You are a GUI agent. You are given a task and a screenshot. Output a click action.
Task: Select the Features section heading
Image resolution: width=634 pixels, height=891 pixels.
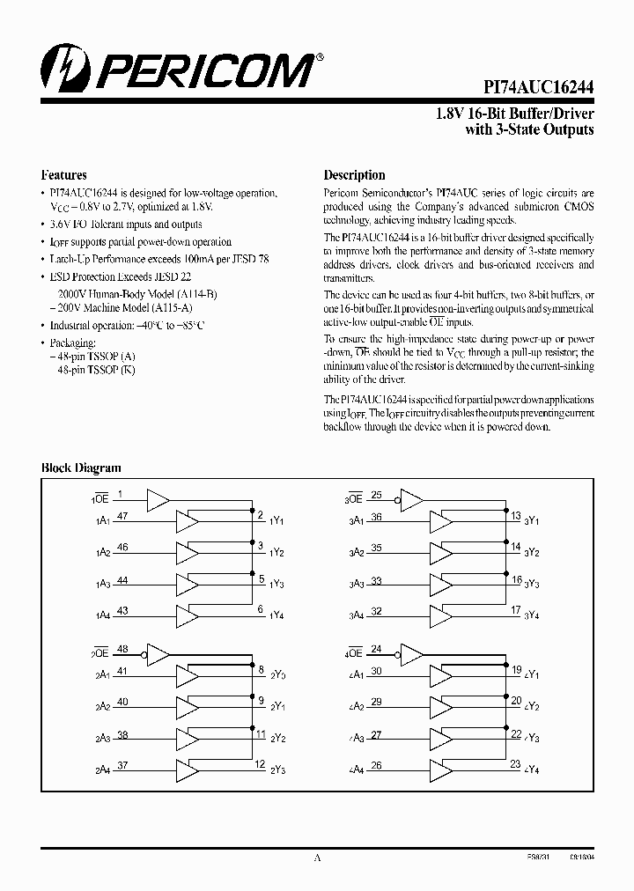pos(64,174)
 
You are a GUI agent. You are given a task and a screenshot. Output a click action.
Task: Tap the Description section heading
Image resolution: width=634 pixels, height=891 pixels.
pos(354,174)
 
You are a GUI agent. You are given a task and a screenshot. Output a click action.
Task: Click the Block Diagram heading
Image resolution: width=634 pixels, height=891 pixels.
pos(82,468)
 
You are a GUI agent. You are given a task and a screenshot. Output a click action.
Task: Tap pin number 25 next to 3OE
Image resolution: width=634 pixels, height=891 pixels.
pos(376,495)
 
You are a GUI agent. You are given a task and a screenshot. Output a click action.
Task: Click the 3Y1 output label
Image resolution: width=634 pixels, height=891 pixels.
pos(531,521)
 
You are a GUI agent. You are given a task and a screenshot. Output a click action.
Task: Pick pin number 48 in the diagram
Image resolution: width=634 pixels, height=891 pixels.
pos(122,650)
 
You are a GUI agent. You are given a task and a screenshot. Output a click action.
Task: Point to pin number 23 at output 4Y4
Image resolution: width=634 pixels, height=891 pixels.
pos(516,764)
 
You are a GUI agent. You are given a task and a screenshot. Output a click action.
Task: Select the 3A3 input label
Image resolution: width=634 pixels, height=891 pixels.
pos(357,585)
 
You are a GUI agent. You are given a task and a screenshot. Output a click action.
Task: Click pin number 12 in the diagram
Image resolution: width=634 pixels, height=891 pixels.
pos(260,764)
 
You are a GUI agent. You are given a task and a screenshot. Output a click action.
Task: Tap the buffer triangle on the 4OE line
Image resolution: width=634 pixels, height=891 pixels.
pos(411,654)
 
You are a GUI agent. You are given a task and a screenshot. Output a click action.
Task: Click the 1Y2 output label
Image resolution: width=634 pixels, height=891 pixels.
pos(277,553)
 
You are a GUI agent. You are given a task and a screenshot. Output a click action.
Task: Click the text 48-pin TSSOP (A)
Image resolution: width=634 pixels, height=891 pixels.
pos(92,356)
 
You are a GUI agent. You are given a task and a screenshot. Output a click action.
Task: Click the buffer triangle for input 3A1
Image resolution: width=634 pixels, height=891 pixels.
pos(440,522)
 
